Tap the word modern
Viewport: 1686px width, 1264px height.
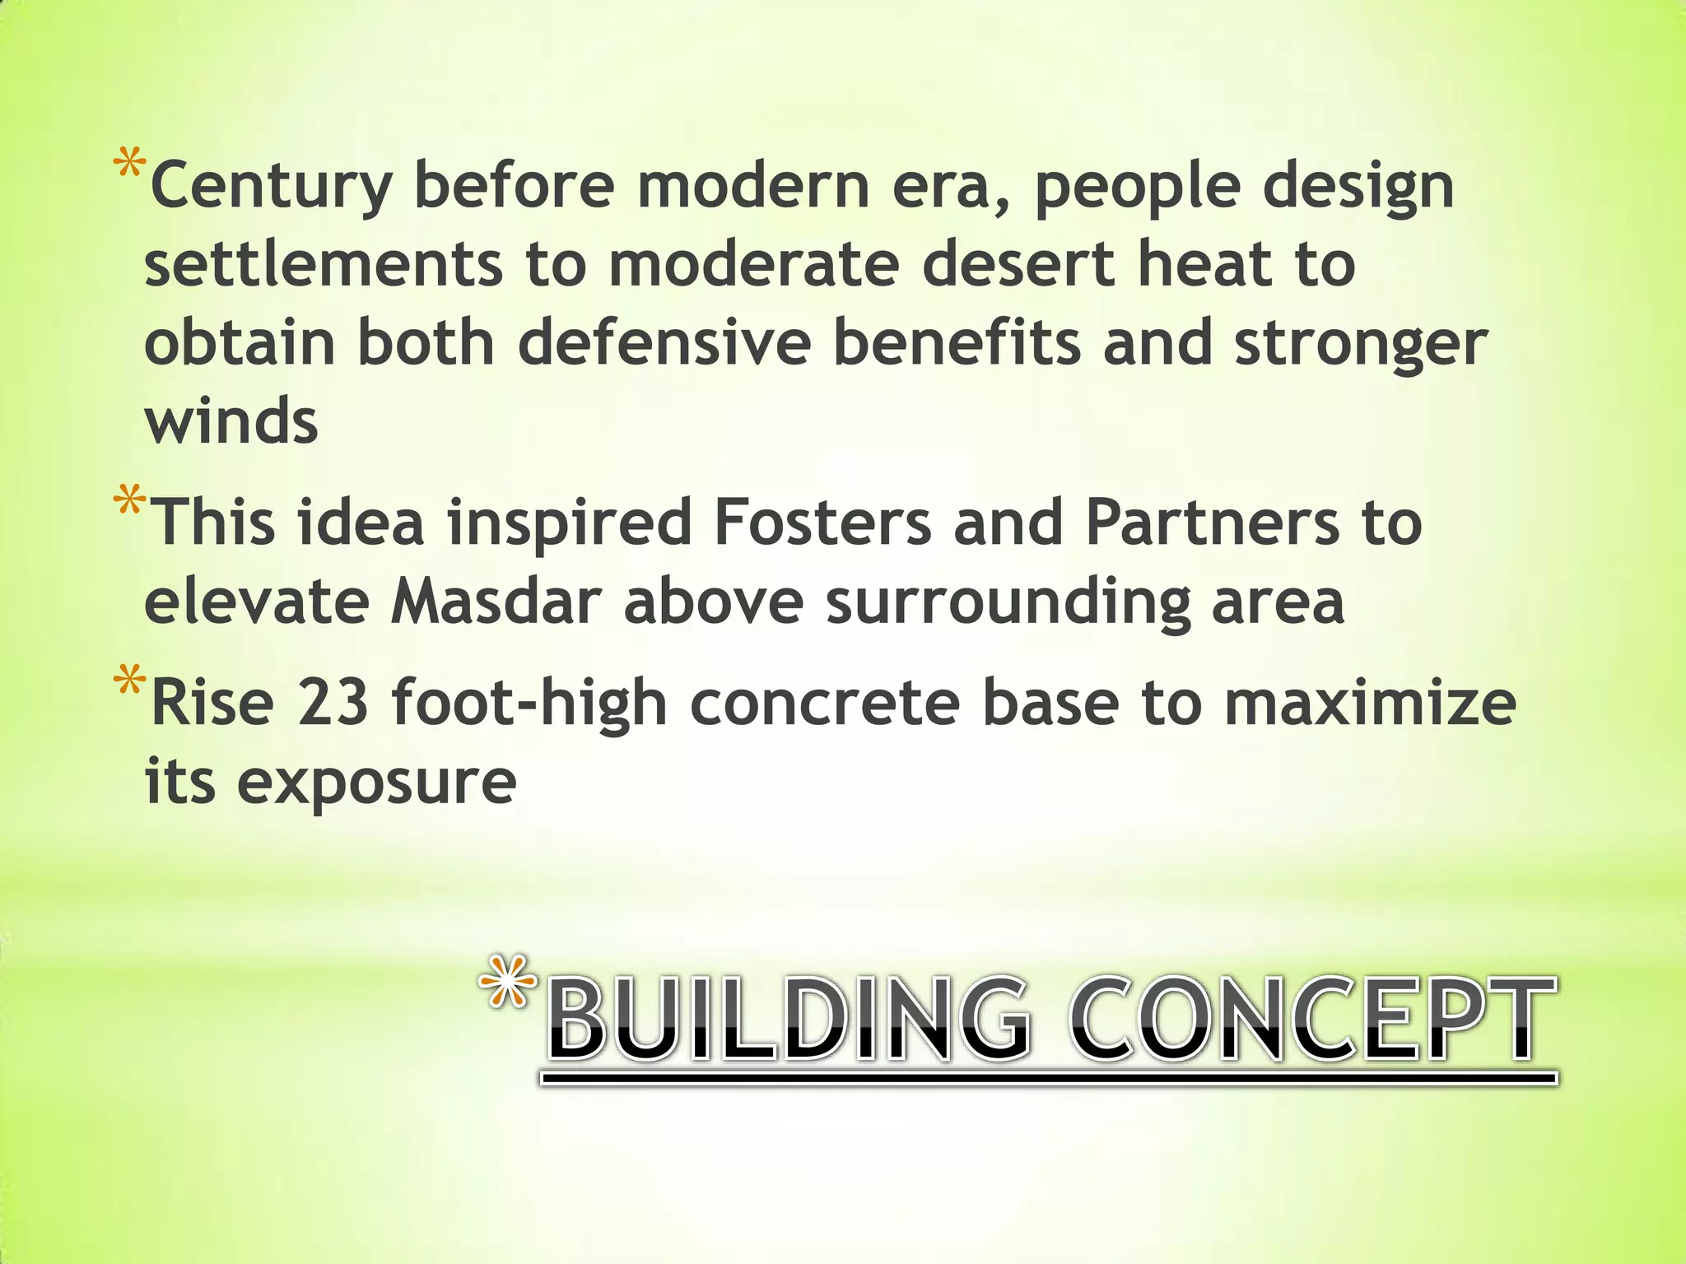pos(753,186)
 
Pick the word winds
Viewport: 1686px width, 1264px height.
pos(231,421)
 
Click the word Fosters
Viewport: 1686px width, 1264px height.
pos(822,523)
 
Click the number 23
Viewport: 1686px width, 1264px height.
pos(333,704)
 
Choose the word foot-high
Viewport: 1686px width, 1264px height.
pos(529,704)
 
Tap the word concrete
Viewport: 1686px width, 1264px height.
pos(824,704)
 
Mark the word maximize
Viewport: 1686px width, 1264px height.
pos(1369,704)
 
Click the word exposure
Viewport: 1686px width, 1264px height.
pos(376,783)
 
